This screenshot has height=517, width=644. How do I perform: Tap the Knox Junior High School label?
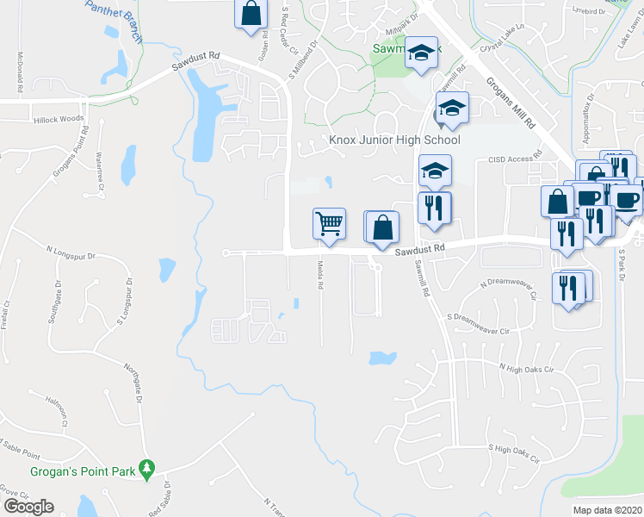pyautogui.click(x=395, y=140)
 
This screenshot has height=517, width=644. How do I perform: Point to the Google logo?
pyautogui.click(x=28, y=507)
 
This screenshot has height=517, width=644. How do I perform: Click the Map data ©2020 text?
pyautogui.click(x=607, y=510)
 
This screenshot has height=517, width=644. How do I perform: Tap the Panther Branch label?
pyautogui.click(x=111, y=9)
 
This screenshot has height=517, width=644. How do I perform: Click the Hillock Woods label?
pyautogui.click(x=59, y=118)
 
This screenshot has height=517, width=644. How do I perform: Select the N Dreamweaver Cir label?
pyautogui.click(x=508, y=288)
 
